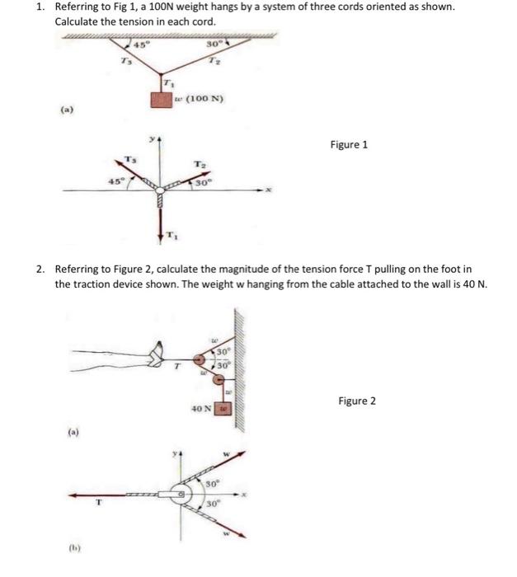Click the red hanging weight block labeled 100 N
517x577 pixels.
162,101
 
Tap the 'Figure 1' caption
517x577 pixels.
349,145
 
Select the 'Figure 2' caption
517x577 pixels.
356,401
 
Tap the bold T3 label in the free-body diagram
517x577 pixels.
129,158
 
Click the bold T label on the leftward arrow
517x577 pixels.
100,509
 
